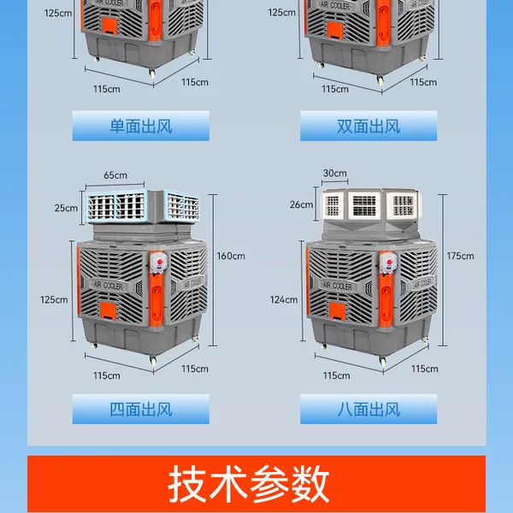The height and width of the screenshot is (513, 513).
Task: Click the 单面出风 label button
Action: [141, 126]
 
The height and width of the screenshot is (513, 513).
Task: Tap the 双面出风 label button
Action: [369, 126]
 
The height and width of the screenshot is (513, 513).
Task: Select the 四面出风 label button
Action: [141, 409]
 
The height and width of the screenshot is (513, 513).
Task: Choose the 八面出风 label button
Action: [369, 409]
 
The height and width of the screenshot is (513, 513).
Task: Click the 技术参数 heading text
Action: [248, 484]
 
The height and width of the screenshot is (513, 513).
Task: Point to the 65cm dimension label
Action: [115, 175]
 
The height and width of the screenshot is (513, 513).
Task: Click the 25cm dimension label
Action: [66, 208]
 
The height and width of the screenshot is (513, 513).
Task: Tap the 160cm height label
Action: [231, 256]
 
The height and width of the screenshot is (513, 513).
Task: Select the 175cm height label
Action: [460, 256]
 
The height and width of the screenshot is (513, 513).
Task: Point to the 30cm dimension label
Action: [334, 173]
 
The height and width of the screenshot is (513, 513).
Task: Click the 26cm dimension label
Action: [301, 205]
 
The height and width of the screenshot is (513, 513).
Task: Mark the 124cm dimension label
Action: [284, 300]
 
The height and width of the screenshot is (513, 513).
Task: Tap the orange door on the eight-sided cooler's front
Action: [338, 310]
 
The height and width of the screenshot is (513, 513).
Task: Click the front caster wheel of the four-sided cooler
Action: [153, 360]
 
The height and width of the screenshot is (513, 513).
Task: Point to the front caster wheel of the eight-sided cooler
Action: [382, 361]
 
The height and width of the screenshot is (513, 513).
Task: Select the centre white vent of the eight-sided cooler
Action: [364, 205]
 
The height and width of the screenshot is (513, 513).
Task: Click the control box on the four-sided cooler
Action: [159, 262]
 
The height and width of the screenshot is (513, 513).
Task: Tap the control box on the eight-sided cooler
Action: [388, 262]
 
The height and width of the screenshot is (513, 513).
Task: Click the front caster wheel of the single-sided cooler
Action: [152, 73]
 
